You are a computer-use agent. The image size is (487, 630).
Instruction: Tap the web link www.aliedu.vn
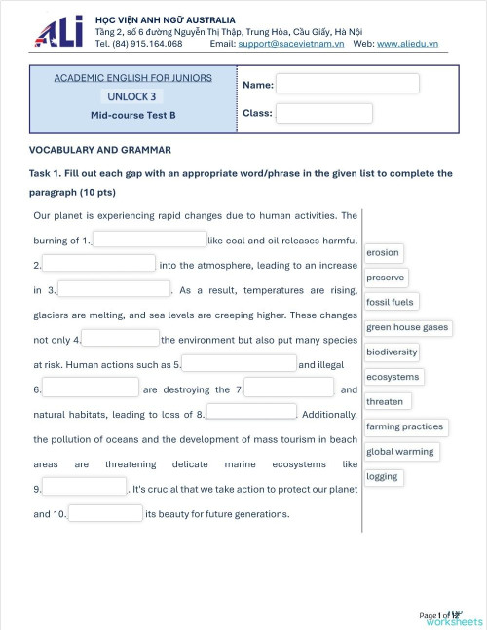pyautogui.click(x=407, y=44)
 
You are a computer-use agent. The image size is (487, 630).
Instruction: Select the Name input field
pyautogui.click(x=347, y=84)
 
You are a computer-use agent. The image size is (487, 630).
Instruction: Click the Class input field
pyautogui.click(x=323, y=113)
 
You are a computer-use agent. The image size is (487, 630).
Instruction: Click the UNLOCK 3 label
pyautogui.click(x=131, y=96)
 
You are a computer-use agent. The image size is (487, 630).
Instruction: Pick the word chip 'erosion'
pyautogui.click(x=383, y=253)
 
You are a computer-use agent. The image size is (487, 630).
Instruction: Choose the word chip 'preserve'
pyautogui.click(x=386, y=278)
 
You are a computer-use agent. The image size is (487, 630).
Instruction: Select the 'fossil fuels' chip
pyautogui.click(x=390, y=303)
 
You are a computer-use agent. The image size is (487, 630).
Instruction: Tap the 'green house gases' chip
pyautogui.click(x=407, y=327)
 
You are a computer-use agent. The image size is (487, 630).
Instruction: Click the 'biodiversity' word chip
pyautogui.click(x=392, y=352)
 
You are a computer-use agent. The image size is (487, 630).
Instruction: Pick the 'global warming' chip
pyautogui.click(x=400, y=452)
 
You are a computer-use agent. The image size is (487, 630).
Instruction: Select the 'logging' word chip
pyautogui.click(x=383, y=477)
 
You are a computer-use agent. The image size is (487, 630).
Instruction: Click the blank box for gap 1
pyautogui.click(x=149, y=240)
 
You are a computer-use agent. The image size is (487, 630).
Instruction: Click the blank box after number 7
pyautogui.click(x=288, y=389)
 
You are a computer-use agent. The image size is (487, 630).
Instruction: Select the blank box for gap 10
pyautogui.click(x=105, y=513)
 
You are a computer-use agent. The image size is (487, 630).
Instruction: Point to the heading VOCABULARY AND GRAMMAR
pyautogui.click(x=100, y=150)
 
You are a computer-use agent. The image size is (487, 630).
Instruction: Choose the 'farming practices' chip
pyautogui.click(x=404, y=426)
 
